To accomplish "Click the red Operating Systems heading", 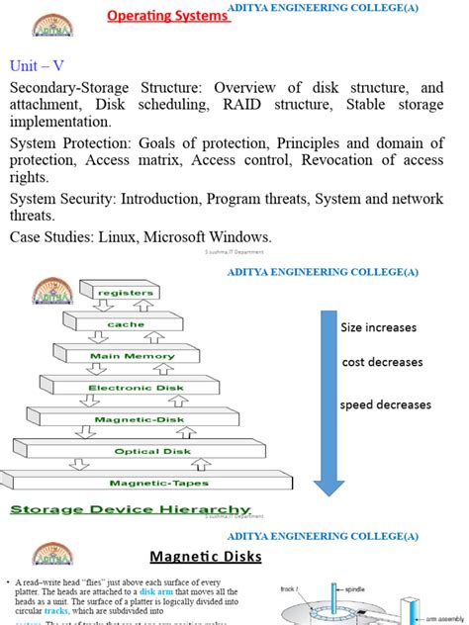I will click(167, 16).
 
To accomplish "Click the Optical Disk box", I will click(150, 451).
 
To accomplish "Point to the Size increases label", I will click(379, 327).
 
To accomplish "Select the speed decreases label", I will click(386, 404).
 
